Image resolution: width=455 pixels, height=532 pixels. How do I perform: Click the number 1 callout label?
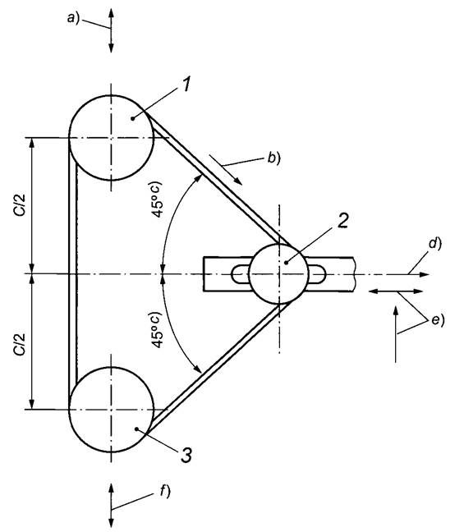pyautogui.click(x=186, y=84)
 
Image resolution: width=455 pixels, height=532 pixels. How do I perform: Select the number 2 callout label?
pyautogui.click(x=342, y=221)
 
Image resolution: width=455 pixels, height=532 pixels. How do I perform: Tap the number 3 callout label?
pyautogui.click(x=186, y=455)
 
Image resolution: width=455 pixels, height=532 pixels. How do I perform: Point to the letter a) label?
pyautogui.click(x=73, y=17)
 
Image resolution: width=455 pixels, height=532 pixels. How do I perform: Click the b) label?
pyautogui.click(x=274, y=158)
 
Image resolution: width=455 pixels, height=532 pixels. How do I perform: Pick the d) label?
pyautogui.click(x=434, y=244)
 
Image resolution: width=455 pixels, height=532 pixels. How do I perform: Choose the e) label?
pyautogui.click(x=438, y=320)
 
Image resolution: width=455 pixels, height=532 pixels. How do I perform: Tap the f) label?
pyautogui.click(x=165, y=492)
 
